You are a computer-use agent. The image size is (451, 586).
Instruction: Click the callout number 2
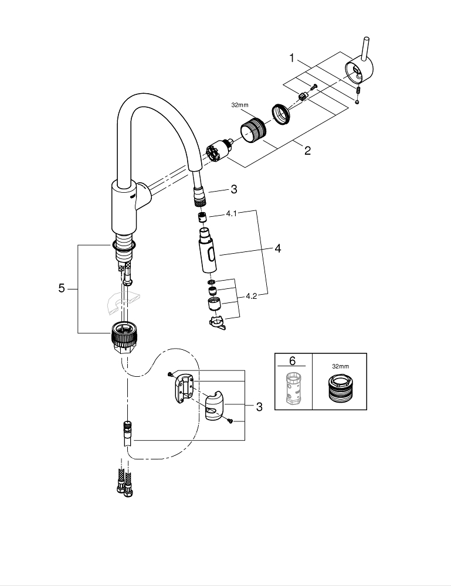coord(307,151)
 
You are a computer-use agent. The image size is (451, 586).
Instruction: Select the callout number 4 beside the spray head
coord(277,248)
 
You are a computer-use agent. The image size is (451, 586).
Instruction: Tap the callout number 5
coord(62,288)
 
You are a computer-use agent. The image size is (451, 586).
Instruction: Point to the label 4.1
coord(231,214)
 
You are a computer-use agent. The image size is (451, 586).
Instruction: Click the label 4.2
coord(251,297)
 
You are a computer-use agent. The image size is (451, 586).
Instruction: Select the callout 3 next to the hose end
coord(233,189)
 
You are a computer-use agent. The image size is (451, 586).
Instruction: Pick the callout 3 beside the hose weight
coord(259,406)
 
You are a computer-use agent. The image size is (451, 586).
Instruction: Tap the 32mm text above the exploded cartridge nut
coord(240,105)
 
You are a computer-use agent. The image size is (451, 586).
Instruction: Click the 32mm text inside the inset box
coord(340,366)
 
